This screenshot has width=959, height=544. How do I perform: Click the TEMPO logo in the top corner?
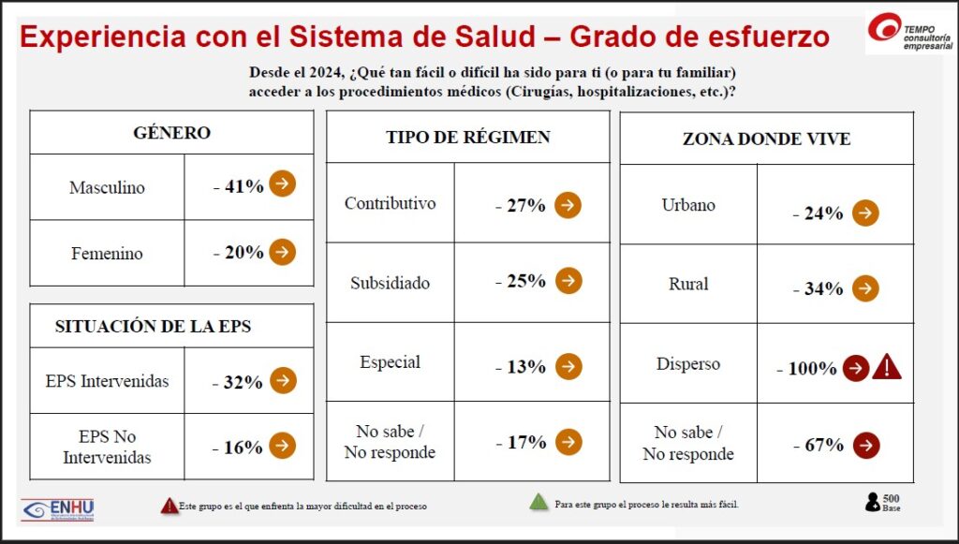(909, 32)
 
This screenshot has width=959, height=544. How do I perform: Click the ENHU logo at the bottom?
(58, 508)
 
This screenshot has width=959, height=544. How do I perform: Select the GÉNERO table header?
(171, 133)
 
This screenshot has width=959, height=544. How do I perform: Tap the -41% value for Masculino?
(239, 186)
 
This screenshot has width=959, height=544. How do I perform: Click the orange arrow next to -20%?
(283, 252)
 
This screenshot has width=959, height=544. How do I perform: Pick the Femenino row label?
(107, 253)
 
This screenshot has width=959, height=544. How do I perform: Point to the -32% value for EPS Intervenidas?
(239, 381)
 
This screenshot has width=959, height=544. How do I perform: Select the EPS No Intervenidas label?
(107, 448)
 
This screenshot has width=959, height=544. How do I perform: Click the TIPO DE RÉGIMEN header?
(467, 138)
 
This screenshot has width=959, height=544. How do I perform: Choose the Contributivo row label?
(390, 203)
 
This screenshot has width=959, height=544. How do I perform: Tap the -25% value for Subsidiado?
(520, 282)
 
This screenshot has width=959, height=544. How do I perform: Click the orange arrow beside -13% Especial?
(568, 365)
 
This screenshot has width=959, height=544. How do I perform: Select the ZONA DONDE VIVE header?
(766, 139)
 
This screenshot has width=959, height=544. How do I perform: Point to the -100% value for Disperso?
(806, 369)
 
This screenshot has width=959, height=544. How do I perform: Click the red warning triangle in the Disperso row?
(886, 367)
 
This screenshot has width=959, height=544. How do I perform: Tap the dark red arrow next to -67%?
(866, 445)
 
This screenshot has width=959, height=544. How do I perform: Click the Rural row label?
(688, 284)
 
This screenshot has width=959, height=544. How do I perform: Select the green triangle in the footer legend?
(539, 503)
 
